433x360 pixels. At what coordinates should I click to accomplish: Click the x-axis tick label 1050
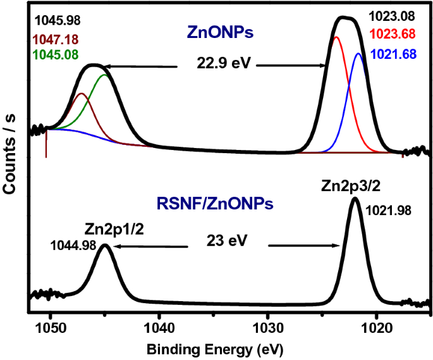coord(50,329)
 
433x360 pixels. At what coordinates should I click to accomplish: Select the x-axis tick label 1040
coord(159,329)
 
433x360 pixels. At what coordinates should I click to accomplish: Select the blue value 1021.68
coord(394,55)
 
